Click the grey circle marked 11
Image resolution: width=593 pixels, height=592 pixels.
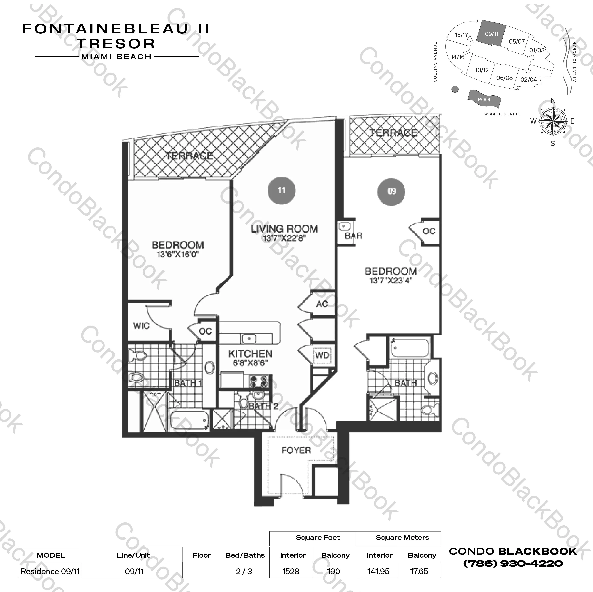coord(282,191)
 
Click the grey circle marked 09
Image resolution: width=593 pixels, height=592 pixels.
coord(391,191)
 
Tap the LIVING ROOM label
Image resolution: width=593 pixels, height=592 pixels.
coord(284,229)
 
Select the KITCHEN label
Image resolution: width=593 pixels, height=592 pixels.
coord(250,354)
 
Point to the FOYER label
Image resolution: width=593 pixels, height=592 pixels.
coord(296,450)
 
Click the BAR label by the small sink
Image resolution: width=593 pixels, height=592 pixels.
coord(353,236)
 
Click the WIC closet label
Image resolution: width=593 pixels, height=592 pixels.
coord(141,326)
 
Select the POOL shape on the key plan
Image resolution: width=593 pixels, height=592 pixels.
coord(484,99)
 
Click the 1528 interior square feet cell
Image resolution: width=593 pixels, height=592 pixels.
coord(291,572)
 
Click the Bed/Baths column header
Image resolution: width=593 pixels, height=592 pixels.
coord(245,555)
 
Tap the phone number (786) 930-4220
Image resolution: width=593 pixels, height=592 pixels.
coord(513,563)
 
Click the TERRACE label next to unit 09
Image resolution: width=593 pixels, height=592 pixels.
coord(393,133)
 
